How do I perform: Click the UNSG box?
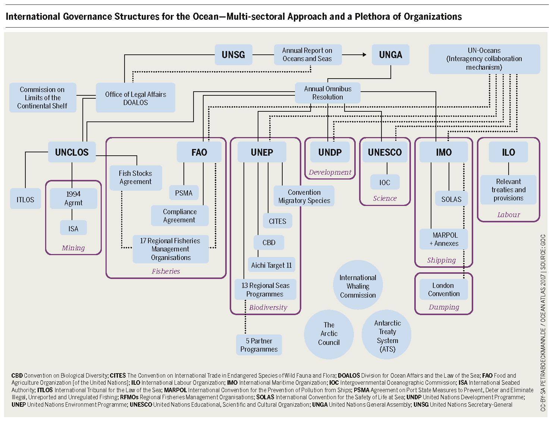pos(233,55)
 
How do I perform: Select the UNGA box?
pos(390,55)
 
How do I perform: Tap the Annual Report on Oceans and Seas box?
pos(307,55)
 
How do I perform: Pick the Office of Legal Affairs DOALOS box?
pos(135,98)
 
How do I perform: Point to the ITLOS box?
pos(25,200)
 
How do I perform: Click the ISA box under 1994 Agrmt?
pos(73,228)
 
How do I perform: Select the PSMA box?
pos(184,193)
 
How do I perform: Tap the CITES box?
pos(277,221)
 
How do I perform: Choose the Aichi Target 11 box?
pos(271,265)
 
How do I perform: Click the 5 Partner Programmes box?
pos(259,345)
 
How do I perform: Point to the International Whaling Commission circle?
pos(358,286)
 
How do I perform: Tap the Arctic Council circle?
pos(329,334)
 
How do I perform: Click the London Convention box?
pos(443,289)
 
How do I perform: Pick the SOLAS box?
pos(451,199)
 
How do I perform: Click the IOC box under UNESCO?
pos(384,183)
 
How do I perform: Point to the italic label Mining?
pos(73,248)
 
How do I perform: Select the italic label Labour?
pos(508,215)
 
